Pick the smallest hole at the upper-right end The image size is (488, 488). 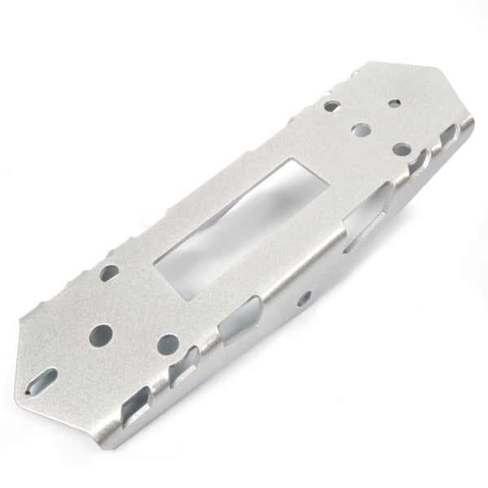point(394,104)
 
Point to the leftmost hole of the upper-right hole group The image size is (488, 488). point(333,106)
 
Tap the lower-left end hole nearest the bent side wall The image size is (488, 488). point(168,342)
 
